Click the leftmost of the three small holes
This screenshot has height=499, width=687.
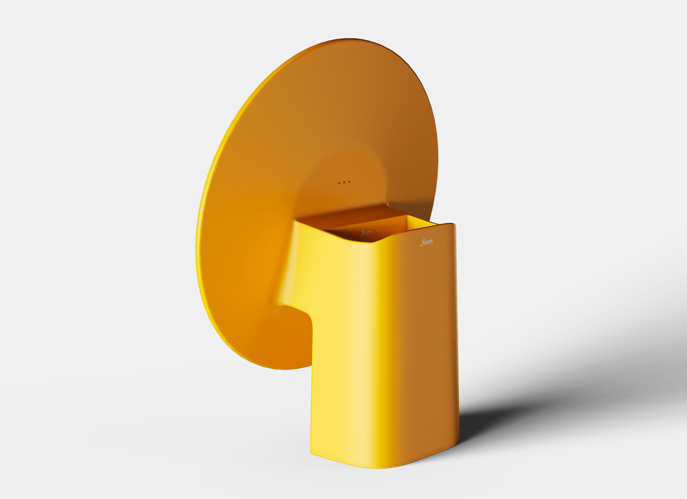coord(339,183)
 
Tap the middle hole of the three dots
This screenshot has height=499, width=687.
coord(344,182)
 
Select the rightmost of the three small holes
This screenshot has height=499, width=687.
coord(349,182)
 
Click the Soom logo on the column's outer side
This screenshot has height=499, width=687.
coord(426,243)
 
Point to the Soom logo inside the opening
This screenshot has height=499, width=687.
coord(366,233)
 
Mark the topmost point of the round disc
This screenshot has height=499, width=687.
coord(349,38)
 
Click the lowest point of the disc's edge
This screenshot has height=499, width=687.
coord(283,369)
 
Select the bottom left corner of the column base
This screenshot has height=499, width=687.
coord(311,454)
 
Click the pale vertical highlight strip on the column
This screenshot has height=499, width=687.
coord(361,340)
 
